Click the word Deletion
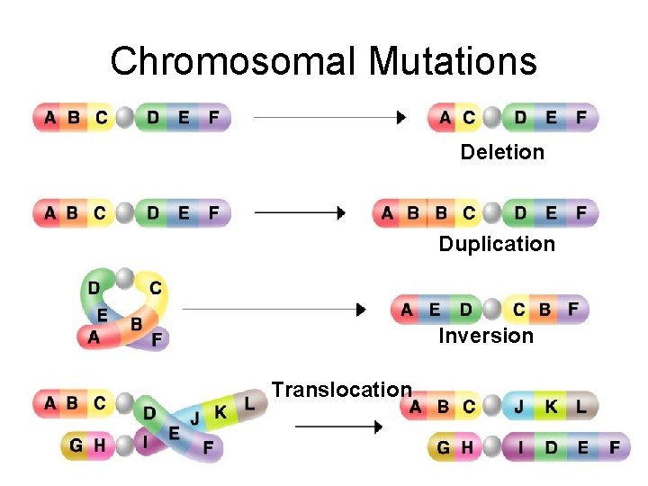pyautogui.click(x=502, y=152)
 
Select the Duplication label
pyautogui.click(x=497, y=244)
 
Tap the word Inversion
pyautogui.click(x=486, y=336)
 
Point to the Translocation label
pyautogui.click(x=342, y=390)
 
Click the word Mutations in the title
pyautogui.click(x=453, y=61)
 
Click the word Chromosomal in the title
pyautogui.click(x=234, y=61)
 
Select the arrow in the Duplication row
pyautogui.click(x=301, y=213)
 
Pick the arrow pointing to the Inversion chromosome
pyautogui.click(x=274, y=310)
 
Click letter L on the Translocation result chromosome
pyautogui.click(x=581, y=407)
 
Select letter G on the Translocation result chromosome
pyautogui.click(x=443, y=446)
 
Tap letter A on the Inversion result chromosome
pyautogui.click(x=408, y=310)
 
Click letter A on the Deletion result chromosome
pyautogui.click(x=445, y=118)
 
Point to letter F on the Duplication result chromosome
pyautogui.click(x=581, y=213)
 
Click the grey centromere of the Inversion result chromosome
pyautogui.click(x=491, y=310)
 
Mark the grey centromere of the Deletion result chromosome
pyautogui.click(x=491, y=118)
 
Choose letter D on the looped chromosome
pyautogui.click(x=94, y=288)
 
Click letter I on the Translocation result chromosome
pyautogui.click(x=519, y=446)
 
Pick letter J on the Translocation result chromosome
pyautogui.click(x=519, y=407)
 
